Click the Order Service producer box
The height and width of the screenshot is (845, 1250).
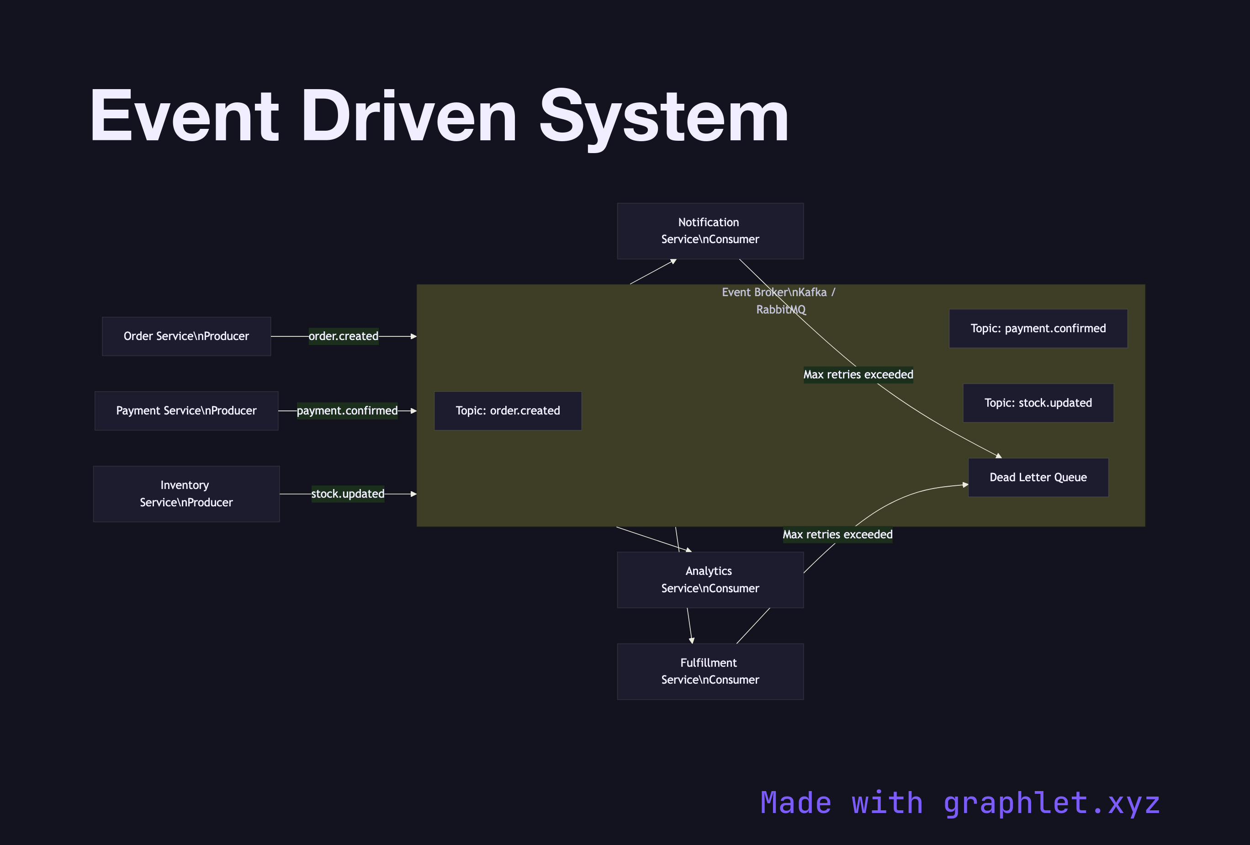pos(186,336)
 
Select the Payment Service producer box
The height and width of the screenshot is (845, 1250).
pos(186,410)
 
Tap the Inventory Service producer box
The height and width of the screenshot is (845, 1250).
pos(186,493)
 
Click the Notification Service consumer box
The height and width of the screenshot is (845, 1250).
pos(710,231)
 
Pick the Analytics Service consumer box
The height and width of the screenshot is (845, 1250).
pos(710,579)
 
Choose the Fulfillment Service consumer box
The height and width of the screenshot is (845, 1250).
pos(710,671)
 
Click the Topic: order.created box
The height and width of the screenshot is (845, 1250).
pos(507,410)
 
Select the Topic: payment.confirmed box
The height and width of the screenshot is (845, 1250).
pos(1038,328)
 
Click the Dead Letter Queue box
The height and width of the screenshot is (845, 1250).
pos(1038,477)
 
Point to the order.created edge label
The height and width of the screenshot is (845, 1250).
pos(343,336)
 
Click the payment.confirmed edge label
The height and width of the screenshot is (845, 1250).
pos(347,410)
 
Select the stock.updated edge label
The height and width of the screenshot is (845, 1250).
pos(348,493)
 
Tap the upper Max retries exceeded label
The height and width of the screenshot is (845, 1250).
pos(858,374)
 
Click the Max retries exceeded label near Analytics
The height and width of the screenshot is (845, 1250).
pos(837,534)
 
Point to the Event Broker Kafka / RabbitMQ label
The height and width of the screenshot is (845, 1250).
pos(779,300)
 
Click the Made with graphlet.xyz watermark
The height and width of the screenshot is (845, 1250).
pos(959,802)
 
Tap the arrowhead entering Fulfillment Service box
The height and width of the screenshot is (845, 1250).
pos(692,640)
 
